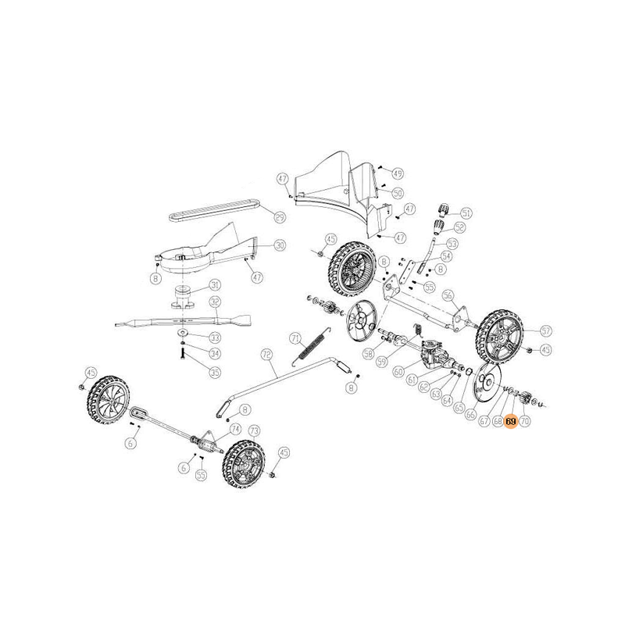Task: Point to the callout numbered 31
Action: click(x=214, y=286)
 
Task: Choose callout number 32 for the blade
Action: click(x=214, y=302)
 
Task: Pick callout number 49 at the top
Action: click(x=398, y=173)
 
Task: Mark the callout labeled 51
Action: click(x=466, y=212)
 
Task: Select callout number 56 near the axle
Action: click(x=448, y=295)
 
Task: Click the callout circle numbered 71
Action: click(x=295, y=338)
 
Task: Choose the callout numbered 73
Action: click(x=253, y=430)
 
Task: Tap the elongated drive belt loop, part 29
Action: click(x=211, y=210)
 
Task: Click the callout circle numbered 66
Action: click(x=471, y=415)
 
